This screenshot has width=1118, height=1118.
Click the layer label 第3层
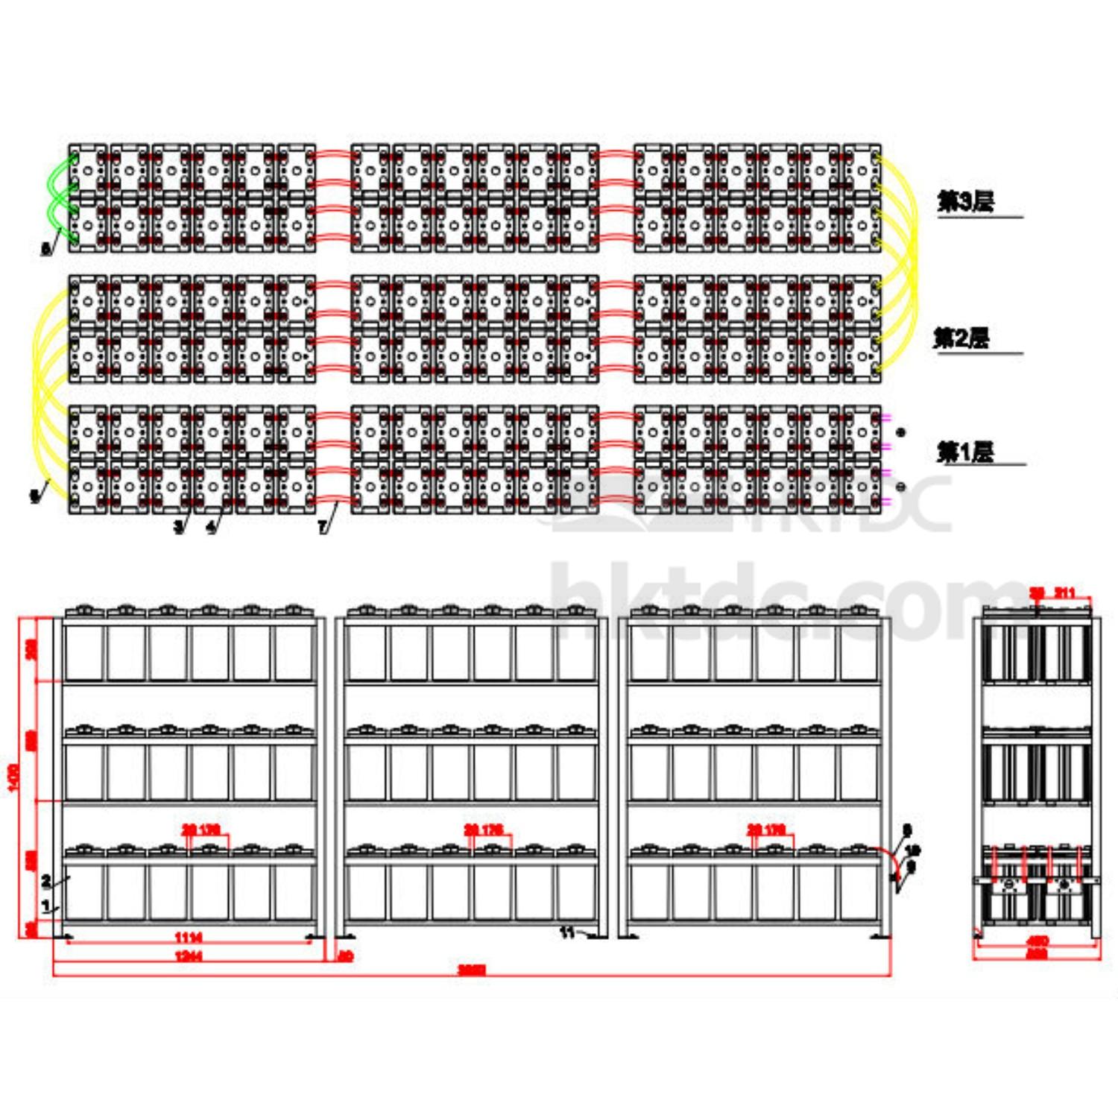[x=965, y=201]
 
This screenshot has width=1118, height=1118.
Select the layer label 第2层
[x=961, y=338]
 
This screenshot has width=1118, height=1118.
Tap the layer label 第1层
[x=965, y=452]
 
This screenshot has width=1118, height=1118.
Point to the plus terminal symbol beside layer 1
[x=901, y=432]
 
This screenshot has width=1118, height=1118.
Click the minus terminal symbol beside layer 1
[x=901, y=487]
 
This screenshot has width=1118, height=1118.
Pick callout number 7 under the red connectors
[x=322, y=527]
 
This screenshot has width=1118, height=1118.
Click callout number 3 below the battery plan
[x=178, y=527]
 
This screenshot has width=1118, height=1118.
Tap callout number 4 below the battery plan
[x=211, y=527]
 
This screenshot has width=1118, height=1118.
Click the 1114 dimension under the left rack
[x=188, y=937]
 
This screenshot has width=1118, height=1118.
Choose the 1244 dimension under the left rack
[x=188, y=956]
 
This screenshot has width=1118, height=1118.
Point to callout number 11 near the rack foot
[x=567, y=932]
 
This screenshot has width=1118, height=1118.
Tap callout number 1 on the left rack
[x=46, y=906]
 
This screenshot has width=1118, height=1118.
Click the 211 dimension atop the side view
[x=1065, y=593]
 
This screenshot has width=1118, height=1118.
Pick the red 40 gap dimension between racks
[x=345, y=956]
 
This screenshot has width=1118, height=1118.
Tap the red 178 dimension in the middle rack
[x=493, y=830]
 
